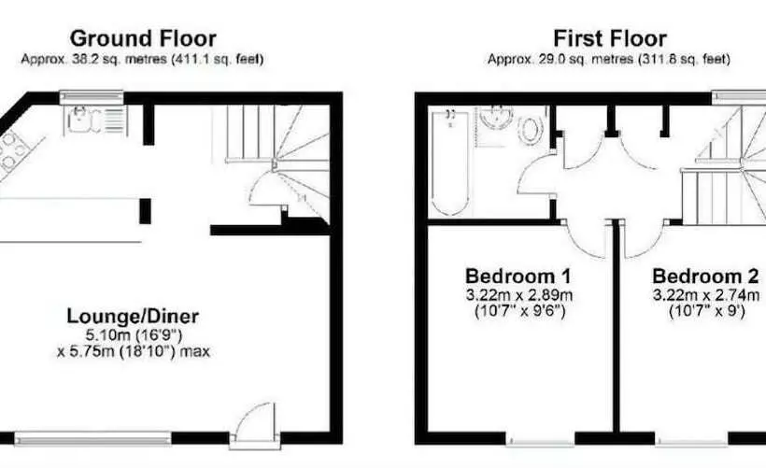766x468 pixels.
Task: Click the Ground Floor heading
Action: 143,38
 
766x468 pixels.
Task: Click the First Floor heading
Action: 610,38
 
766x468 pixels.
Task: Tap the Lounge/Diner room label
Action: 133,316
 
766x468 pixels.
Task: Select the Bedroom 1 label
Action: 518,276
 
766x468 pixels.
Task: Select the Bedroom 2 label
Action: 705,276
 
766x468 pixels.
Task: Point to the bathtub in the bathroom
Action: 450,163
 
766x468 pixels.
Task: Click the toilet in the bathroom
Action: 530,130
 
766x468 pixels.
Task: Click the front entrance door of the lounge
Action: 255,423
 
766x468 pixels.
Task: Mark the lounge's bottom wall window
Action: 92,439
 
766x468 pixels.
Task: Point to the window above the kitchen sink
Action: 92,97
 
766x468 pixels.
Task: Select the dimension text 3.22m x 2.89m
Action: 519,295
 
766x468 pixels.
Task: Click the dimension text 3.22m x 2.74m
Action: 706,295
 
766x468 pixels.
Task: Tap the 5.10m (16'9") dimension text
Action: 134,335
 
